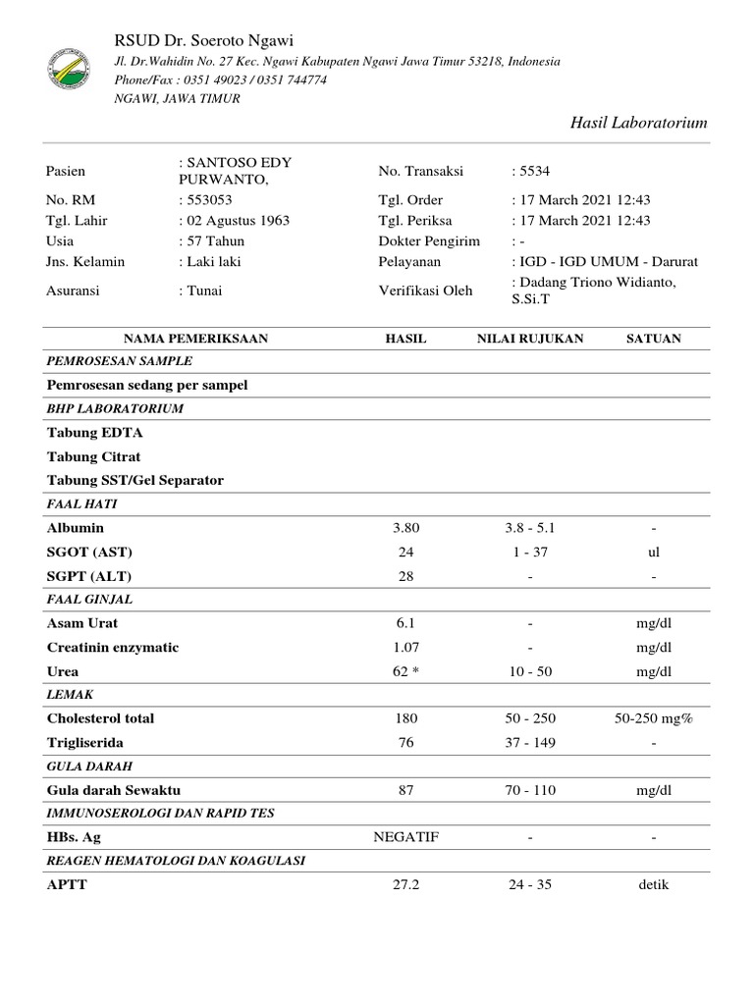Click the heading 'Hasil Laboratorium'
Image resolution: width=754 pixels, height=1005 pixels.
pos(638,122)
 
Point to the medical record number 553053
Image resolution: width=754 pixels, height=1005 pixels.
pos(202,200)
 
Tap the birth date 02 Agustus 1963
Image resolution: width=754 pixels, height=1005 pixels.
pos(235,221)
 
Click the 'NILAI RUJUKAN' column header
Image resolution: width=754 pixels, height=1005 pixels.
pos(530,339)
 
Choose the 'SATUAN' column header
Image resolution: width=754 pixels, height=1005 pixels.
pos(654,339)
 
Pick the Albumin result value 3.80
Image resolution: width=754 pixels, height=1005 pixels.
pos(406,528)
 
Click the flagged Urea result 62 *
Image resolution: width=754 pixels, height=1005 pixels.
pos(406,672)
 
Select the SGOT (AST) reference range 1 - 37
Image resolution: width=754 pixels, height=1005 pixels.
pos(530,552)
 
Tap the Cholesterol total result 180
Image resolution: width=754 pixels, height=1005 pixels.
pos(406,718)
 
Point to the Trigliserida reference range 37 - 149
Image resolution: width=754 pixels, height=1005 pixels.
pos(530,743)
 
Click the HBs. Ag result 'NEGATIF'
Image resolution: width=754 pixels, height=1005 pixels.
pos(406,837)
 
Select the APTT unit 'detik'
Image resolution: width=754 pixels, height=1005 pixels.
pos(654,884)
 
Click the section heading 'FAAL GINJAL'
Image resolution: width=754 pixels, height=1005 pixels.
pos(89,599)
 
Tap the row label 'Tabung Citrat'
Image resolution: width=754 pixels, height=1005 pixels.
pos(93,456)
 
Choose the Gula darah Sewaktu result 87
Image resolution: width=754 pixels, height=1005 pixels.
pos(406,790)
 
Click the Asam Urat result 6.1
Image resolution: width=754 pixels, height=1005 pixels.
pos(406,623)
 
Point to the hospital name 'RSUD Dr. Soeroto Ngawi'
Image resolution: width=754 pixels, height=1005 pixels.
pos(204,39)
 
